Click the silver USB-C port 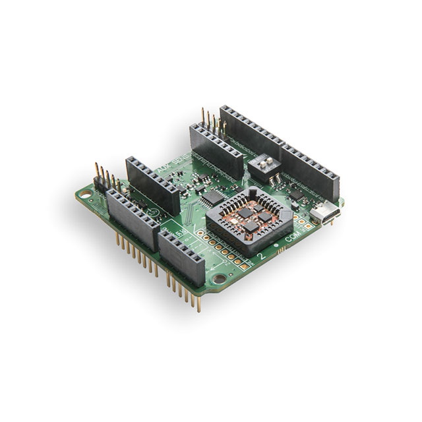[x=325, y=214]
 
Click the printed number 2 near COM [x=264, y=255]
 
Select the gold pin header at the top [x=210, y=123]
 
